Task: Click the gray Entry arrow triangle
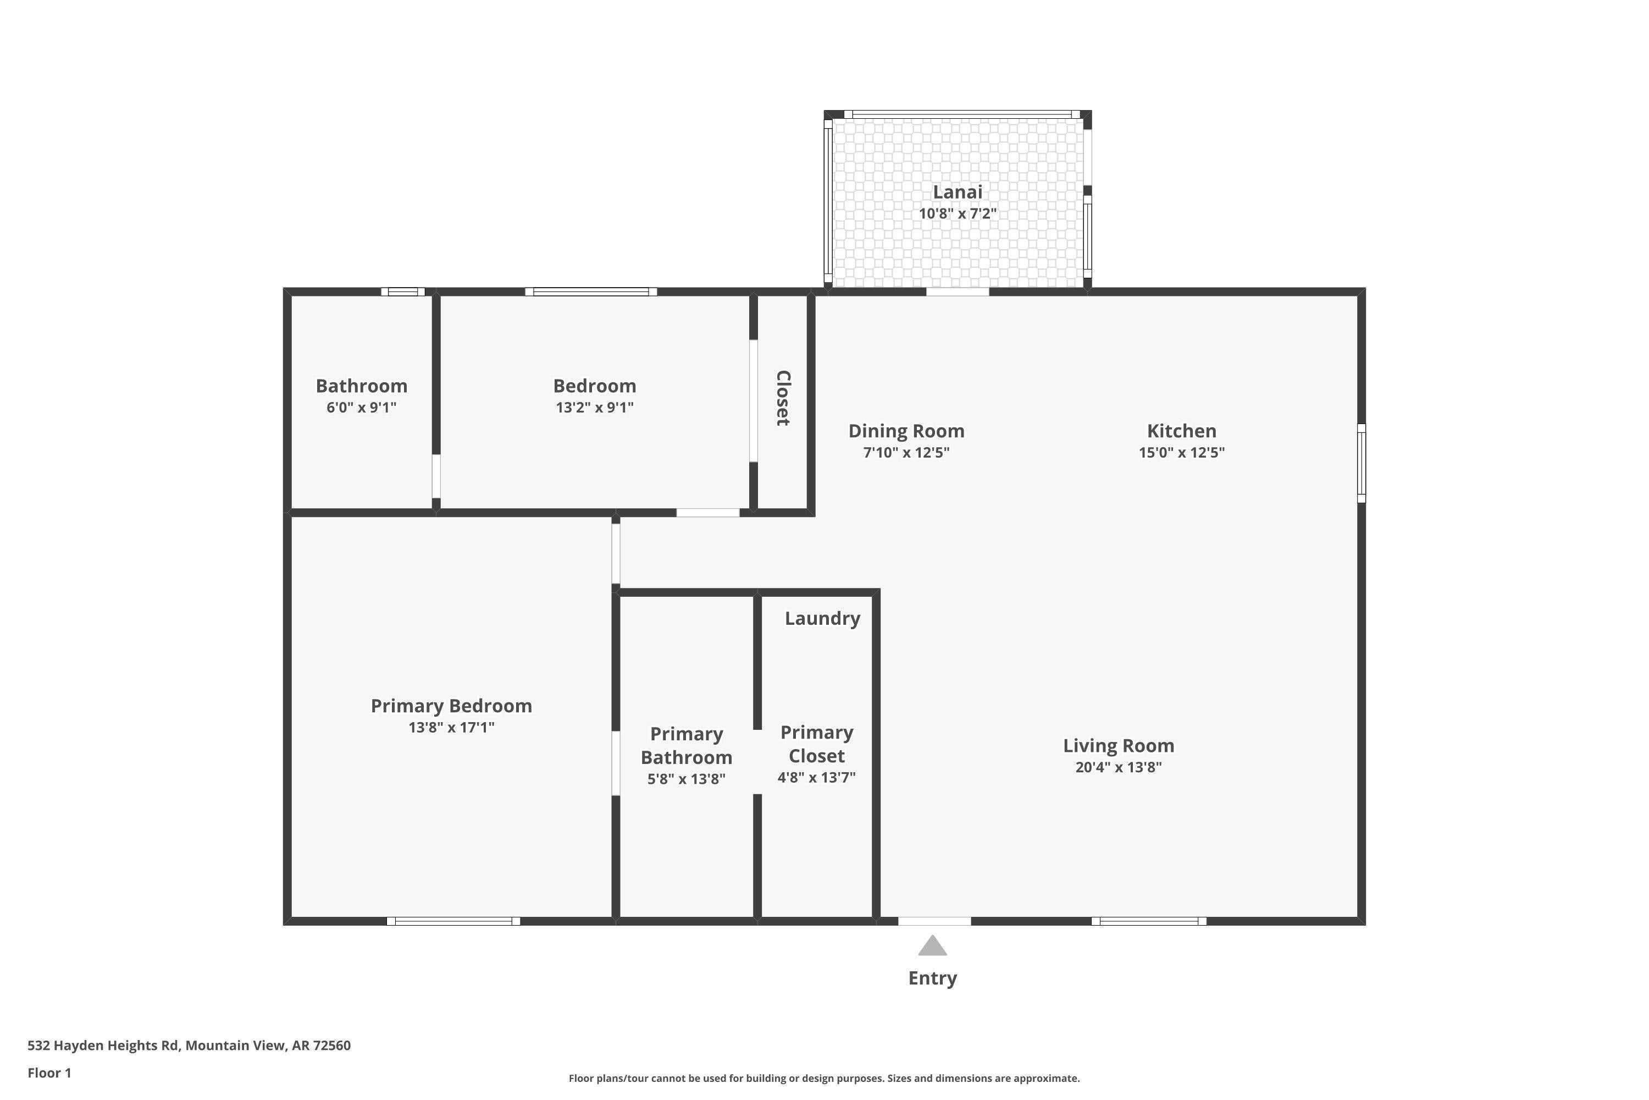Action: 932,947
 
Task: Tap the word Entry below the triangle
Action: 932,978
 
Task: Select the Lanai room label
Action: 957,191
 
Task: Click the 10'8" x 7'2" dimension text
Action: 957,213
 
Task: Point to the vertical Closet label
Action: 783,398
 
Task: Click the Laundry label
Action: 822,618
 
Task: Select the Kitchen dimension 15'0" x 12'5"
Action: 1181,453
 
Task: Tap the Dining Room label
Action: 906,431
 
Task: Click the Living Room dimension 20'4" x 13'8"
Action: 1118,767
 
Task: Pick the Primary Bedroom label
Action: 451,706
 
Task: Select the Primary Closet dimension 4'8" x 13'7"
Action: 816,777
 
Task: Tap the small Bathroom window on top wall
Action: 403,292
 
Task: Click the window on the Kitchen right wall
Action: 1361,463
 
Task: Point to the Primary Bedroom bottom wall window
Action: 453,921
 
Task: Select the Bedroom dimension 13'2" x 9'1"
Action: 595,408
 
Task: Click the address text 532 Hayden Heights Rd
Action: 189,1046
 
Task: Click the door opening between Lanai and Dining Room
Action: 957,292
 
